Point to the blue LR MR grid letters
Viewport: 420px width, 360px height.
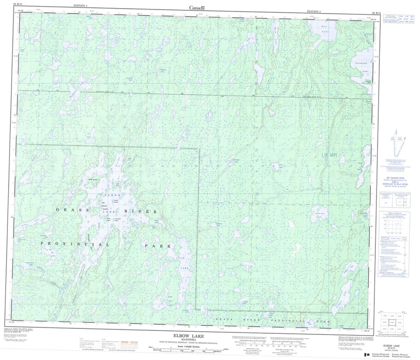click(329, 155)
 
